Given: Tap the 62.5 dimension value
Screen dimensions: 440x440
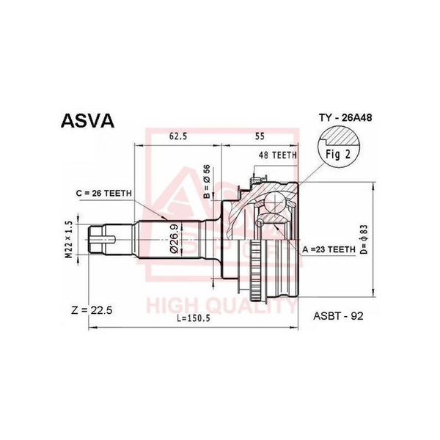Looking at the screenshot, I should tap(179, 136).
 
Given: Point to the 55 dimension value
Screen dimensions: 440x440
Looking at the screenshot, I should tap(260, 136).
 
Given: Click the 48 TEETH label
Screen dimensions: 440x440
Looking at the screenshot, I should tap(276, 155).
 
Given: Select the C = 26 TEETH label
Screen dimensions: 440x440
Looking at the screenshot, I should tap(103, 193).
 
